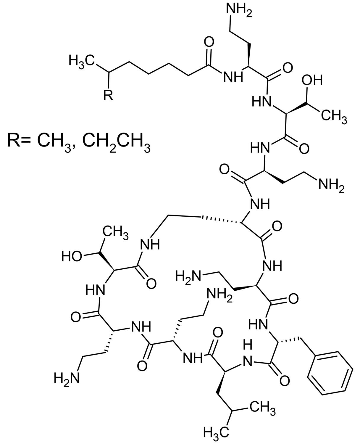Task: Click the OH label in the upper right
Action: point(312,80)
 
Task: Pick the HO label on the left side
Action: point(72,256)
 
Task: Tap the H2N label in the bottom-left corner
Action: point(67,378)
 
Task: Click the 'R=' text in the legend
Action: point(19,141)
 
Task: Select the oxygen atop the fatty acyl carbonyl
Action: point(209,43)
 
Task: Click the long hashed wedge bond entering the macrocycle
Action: point(221,220)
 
